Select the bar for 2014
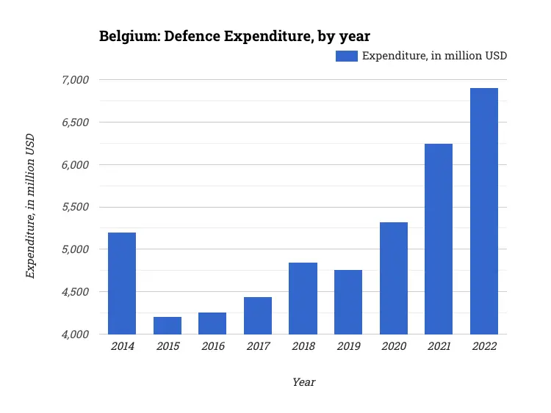[x=122, y=283]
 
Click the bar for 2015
[x=168, y=325]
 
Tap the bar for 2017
[x=258, y=315]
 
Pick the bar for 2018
[x=303, y=298]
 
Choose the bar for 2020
[x=394, y=278]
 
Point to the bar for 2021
[x=439, y=238]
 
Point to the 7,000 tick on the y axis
[x=74, y=79]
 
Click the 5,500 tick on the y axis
[x=74, y=207]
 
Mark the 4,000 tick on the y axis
[x=74, y=335]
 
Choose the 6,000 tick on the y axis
[x=74, y=164]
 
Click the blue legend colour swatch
[x=346, y=56]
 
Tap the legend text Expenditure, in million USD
[x=434, y=56]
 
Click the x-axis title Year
[x=303, y=382]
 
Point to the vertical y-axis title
[x=30, y=206]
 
